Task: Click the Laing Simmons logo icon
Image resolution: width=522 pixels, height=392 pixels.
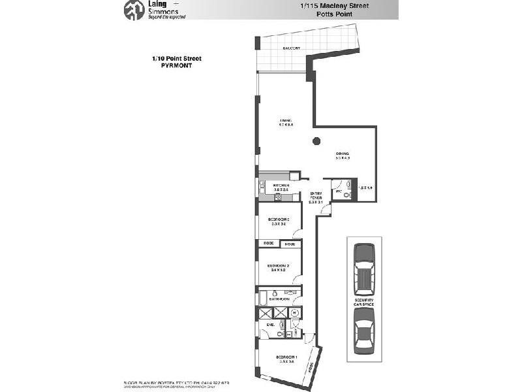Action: click(134, 9)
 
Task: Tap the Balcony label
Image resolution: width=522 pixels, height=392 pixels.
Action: click(291, 48)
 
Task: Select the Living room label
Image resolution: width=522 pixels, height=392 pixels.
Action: click(286, 121)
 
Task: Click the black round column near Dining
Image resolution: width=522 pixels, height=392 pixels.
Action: click(316, 140)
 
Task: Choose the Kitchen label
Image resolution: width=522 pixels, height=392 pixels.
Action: click(281, 186)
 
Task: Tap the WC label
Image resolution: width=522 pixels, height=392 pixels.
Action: click(338, 192)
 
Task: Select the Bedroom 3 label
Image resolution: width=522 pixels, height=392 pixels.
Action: click(279, 220)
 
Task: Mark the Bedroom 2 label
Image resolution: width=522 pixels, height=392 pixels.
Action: click(279, 266)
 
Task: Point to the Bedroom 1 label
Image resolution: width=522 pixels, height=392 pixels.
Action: click(286, 357)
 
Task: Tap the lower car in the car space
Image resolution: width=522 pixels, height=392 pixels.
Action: click(363, 331)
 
